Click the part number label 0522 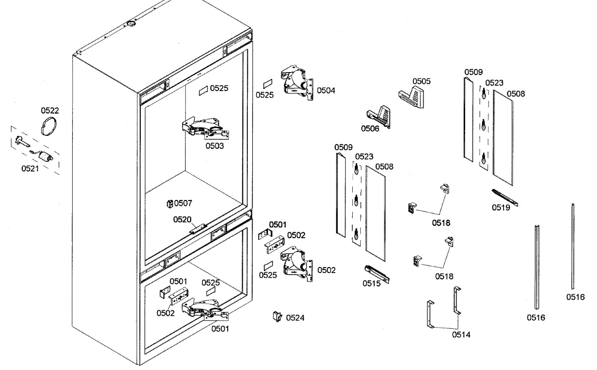[50, 110]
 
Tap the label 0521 [30, 169]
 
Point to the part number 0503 [214, 146]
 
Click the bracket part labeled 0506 [380, 116]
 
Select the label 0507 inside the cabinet [183, 203]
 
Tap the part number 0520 [182, 219]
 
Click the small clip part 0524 [277, 316]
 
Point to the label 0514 [461, 335]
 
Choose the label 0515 [371, 283]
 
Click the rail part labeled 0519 [504, 197]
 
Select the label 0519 [501, 208]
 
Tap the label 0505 [421, 81]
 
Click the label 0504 [326, 91]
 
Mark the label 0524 [296, 318]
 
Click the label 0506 [370, 129]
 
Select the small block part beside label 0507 [170, 203]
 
